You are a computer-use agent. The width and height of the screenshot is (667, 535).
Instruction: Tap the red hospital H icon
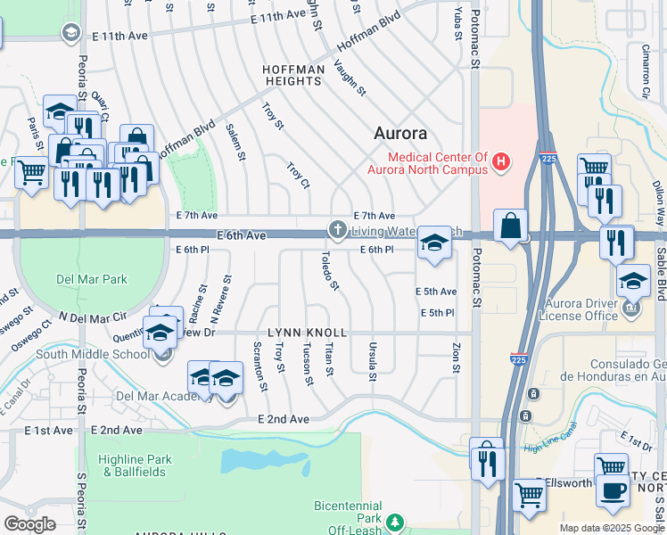click(x=501, y=162)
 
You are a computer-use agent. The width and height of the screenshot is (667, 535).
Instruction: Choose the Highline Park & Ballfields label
click(x=134, y=465)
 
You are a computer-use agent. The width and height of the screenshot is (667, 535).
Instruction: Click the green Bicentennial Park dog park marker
click(x=394, y=524)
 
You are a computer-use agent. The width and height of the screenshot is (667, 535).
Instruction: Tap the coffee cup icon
click(x=612, y=490)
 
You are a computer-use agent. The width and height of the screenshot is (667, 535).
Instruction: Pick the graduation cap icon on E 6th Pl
click(x=433, y=243)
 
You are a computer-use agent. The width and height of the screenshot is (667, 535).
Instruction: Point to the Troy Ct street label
click(x=298, y=175)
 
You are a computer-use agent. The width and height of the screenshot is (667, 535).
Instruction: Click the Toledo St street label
click(x=329, y=271)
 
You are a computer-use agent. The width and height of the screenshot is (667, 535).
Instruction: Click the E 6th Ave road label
click(x=241, y=235)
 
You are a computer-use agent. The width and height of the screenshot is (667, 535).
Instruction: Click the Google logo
click(x=29, y=524)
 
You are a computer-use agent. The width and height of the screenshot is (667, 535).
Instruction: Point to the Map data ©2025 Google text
click(x=611, y=528)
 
